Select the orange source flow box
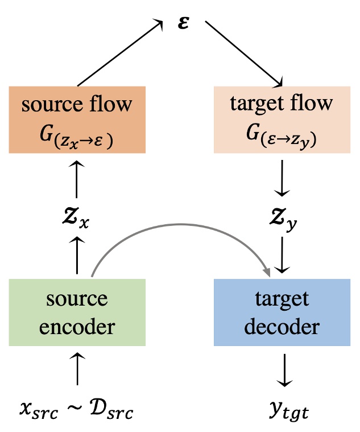[77, 120]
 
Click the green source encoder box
[77, 312]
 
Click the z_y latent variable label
[282, 217]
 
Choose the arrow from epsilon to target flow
[243, 54]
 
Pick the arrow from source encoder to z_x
[77, 256]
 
